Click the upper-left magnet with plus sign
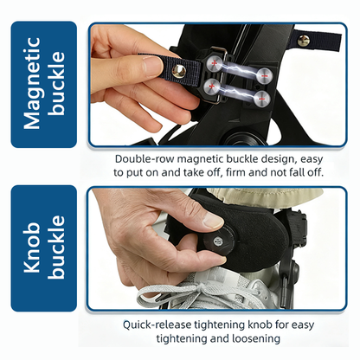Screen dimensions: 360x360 click(x=212, y=63)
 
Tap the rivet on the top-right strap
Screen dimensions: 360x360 click(x=304, y=40)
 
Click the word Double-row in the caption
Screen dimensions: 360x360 click(x=144, y=159)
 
